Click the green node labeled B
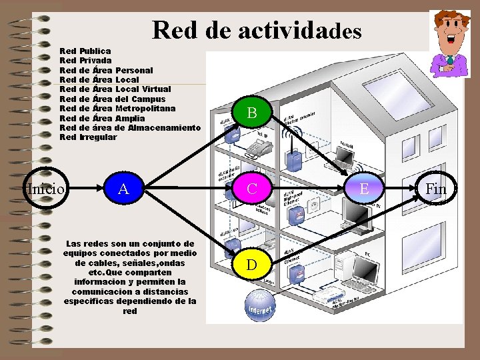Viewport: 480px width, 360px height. tap(251, 113)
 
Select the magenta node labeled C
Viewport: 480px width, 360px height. tap(251, 189)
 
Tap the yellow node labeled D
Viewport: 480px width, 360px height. tap(251, 265)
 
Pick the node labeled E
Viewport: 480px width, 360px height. tap(364, 189)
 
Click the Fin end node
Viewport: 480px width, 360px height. tap(436, 189)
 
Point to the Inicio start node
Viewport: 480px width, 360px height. tap(45, 189)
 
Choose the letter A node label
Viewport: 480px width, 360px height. tap(123, 189)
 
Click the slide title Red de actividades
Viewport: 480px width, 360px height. tap(257, 31)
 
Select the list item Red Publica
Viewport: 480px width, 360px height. tap(85, 51)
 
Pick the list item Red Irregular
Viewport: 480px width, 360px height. tap(88, 137)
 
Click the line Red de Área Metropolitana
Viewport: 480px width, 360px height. tap(117, 109)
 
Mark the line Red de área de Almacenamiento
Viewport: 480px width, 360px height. tap(129, 128)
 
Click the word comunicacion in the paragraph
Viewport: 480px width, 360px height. tap(110, 292)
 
